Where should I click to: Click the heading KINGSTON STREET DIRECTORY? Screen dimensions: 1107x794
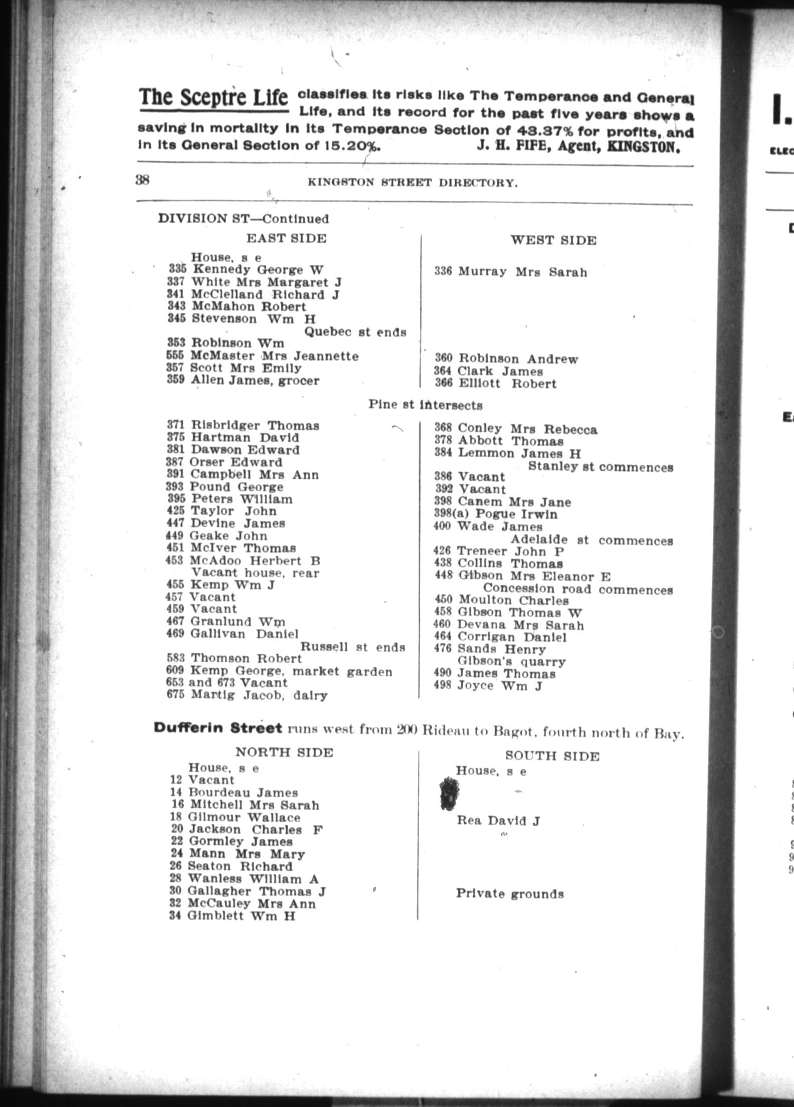tap(413, 183)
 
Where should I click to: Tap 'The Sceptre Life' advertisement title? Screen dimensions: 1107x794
tap(214, 97)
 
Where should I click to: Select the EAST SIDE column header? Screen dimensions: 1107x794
tap(286, 238)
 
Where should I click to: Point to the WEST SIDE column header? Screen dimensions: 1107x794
tap(553, 241)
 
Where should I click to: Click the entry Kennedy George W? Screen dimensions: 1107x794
tap(258, 270)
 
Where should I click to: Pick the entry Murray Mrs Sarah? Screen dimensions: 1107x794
tap(522, 272)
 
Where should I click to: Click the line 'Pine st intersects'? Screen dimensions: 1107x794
tap(426, 405)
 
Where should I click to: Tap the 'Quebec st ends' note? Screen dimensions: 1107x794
tap(355, 332)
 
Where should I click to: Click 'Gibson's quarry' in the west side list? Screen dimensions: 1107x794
tap(511, 662)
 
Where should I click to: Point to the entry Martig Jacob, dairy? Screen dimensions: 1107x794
tap(259, 695)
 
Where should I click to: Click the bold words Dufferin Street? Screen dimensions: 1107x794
tap(218, 728)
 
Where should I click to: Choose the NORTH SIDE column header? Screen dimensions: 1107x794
tap(284, 753)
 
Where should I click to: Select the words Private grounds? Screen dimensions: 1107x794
tap(509, 894)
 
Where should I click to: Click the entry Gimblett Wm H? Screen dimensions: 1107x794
tap(241, 916)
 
